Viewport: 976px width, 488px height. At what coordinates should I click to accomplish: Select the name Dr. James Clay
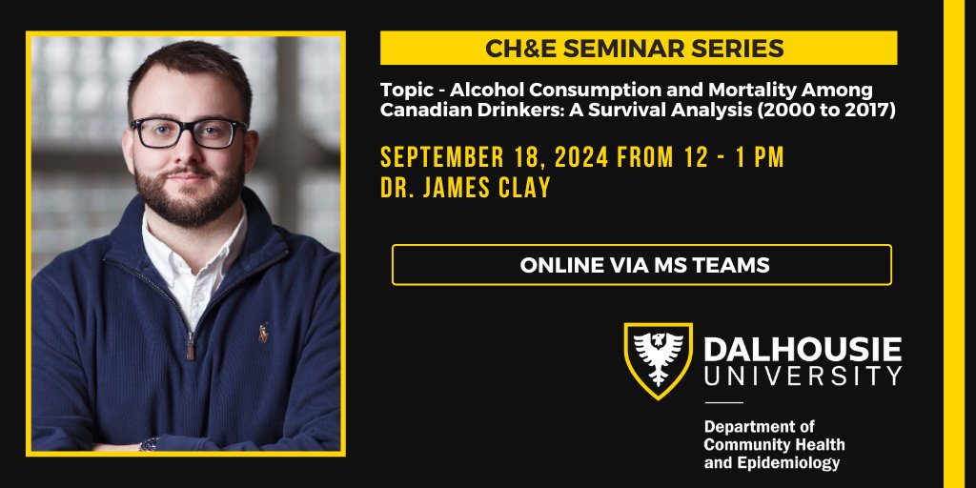pos(465,188)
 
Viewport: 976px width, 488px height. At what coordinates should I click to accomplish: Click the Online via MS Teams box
pos(641,265)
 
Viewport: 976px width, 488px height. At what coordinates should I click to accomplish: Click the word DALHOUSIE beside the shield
pos(803,349)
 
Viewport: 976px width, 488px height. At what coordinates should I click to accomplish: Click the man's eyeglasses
pos(190,132)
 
